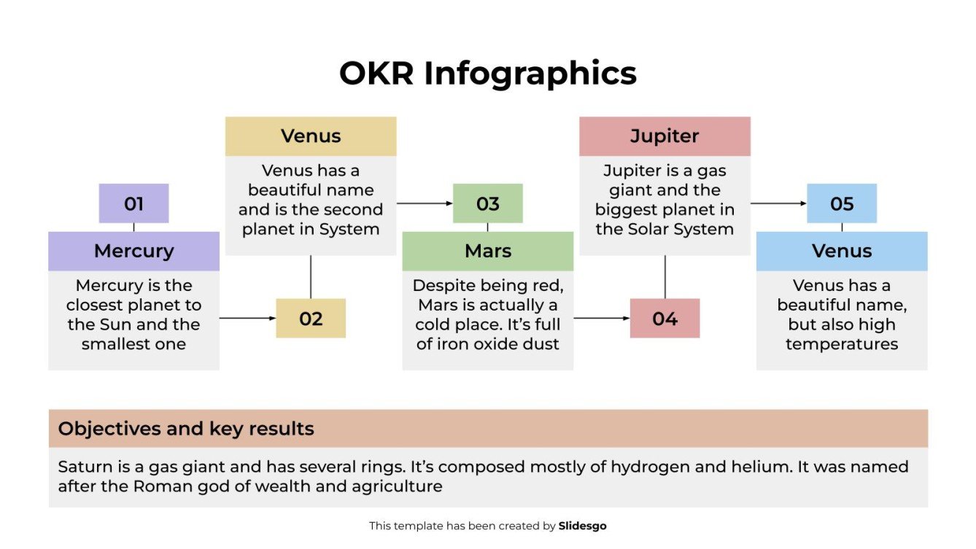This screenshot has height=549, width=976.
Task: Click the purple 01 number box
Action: point(133,203)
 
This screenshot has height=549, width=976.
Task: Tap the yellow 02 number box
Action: point(311,319)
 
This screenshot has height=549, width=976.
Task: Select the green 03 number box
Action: point(487,203)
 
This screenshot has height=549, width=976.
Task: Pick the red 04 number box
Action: point(665,319)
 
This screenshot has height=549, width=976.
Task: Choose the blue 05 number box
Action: point(842,203)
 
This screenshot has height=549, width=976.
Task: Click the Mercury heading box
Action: point(133,251)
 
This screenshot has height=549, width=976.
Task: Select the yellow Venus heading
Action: point(311,136)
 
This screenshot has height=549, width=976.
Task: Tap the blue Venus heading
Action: point(842,251)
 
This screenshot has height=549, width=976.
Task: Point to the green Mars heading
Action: point(487,251)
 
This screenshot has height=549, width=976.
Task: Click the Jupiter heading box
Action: point(665,136)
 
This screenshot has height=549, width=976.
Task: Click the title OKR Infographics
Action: point(487,74)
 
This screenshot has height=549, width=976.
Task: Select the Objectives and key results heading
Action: point(186,429)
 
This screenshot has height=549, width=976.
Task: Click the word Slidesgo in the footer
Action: point(582,526)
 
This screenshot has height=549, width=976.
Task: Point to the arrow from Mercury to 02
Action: point(247,319)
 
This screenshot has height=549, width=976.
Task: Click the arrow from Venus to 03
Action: point(425,203)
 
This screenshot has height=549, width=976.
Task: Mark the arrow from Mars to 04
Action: point(602,319)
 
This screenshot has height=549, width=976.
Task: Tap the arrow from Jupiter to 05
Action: point(778,203)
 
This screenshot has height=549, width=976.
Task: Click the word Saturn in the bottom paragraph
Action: point(82,467)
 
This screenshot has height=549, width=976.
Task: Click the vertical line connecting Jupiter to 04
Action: point(665,277)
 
